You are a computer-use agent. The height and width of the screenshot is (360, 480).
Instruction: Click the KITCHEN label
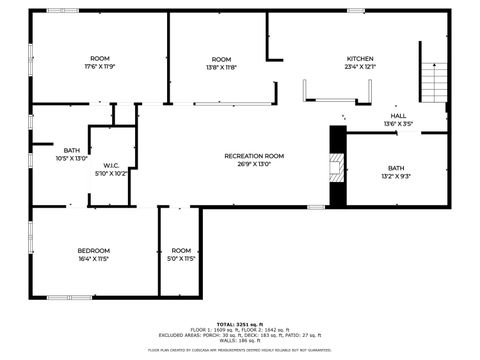tap(360, 59)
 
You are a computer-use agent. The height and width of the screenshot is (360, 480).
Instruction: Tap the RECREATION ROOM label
tap(254, 156)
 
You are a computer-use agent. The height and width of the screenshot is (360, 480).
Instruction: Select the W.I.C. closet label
tap(111, 165)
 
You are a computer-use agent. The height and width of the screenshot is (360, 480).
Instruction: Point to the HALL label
tap(398, 117)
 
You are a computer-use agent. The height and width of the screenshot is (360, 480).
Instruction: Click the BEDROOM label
tap(94, 250)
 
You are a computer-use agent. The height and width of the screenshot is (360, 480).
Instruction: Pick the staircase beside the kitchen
tap(432, 80)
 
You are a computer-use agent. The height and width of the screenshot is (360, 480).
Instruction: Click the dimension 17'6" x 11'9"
tap(100, 67)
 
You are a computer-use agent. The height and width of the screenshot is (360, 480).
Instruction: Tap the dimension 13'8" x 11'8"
tap(221, 67)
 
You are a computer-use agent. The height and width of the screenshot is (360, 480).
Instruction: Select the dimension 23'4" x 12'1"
tap(360, 67)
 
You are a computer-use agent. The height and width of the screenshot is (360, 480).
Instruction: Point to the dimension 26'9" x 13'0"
tap(254, 164)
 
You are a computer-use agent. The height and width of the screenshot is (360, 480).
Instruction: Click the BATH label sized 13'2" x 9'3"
tap(396, 168)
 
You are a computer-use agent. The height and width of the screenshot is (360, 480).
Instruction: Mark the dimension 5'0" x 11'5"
tap(181, 258)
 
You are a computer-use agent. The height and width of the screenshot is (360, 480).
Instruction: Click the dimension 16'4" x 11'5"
tap(94, 258)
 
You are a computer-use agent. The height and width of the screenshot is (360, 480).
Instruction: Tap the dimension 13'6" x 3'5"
tap(398, 125)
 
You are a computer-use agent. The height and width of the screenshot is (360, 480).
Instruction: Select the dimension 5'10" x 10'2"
tap(111, 173)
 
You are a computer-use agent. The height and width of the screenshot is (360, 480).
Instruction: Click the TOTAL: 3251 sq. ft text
tap(239, 324)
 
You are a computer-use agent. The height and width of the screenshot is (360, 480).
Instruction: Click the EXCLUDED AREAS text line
tap(239, 335)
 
